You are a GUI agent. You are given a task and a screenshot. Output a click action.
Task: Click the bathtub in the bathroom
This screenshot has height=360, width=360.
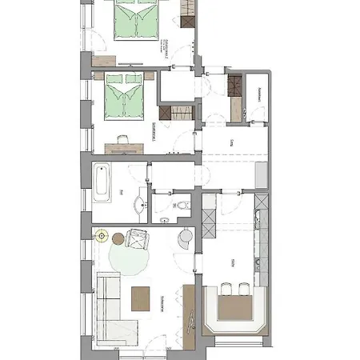[101, 182]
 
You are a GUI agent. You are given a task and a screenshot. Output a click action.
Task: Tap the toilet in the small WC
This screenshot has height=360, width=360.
[183, 206]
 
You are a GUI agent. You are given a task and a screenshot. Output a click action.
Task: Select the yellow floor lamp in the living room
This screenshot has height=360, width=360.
[101, 236]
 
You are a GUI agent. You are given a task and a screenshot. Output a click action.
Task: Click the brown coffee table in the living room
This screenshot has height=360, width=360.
[141, 299]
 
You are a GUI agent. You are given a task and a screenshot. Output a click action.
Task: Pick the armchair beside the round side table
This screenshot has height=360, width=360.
[138, 239]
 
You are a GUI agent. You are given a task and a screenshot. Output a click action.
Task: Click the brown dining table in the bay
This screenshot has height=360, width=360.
[234, 306]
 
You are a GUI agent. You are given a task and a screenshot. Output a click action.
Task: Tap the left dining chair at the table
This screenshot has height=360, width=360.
[226, 288]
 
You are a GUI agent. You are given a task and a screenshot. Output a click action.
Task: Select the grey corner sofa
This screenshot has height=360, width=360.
[110, 305]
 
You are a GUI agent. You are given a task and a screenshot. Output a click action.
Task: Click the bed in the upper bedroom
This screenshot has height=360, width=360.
[138, 20]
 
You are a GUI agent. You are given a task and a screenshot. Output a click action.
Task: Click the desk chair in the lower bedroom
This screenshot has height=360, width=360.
[122, 138]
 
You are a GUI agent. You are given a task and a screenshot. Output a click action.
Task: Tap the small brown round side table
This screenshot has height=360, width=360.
[117, 238]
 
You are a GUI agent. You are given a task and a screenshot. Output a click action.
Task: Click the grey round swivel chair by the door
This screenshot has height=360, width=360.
[186, 237]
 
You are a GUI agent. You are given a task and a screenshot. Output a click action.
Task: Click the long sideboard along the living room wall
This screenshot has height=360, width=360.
[190, 316]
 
